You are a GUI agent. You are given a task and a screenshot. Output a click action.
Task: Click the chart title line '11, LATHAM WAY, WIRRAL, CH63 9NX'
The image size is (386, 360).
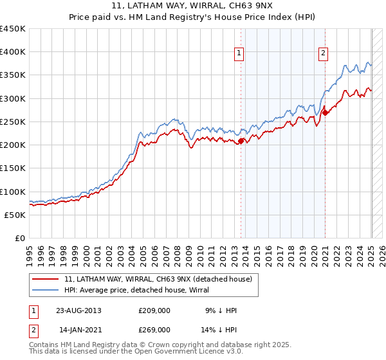193,6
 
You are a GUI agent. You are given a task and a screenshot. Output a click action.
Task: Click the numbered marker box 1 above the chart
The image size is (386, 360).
239,54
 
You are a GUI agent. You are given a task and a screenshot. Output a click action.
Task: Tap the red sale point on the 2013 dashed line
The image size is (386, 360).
241,141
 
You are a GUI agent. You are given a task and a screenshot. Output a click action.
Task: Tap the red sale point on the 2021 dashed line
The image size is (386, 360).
326,113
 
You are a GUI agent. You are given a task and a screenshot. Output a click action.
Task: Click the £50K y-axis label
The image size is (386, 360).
15,215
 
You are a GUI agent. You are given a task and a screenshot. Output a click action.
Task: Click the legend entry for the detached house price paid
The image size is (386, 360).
161,278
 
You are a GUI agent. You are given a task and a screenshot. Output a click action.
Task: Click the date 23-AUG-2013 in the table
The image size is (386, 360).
78,310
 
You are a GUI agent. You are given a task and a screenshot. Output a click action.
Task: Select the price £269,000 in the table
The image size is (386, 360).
154,329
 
